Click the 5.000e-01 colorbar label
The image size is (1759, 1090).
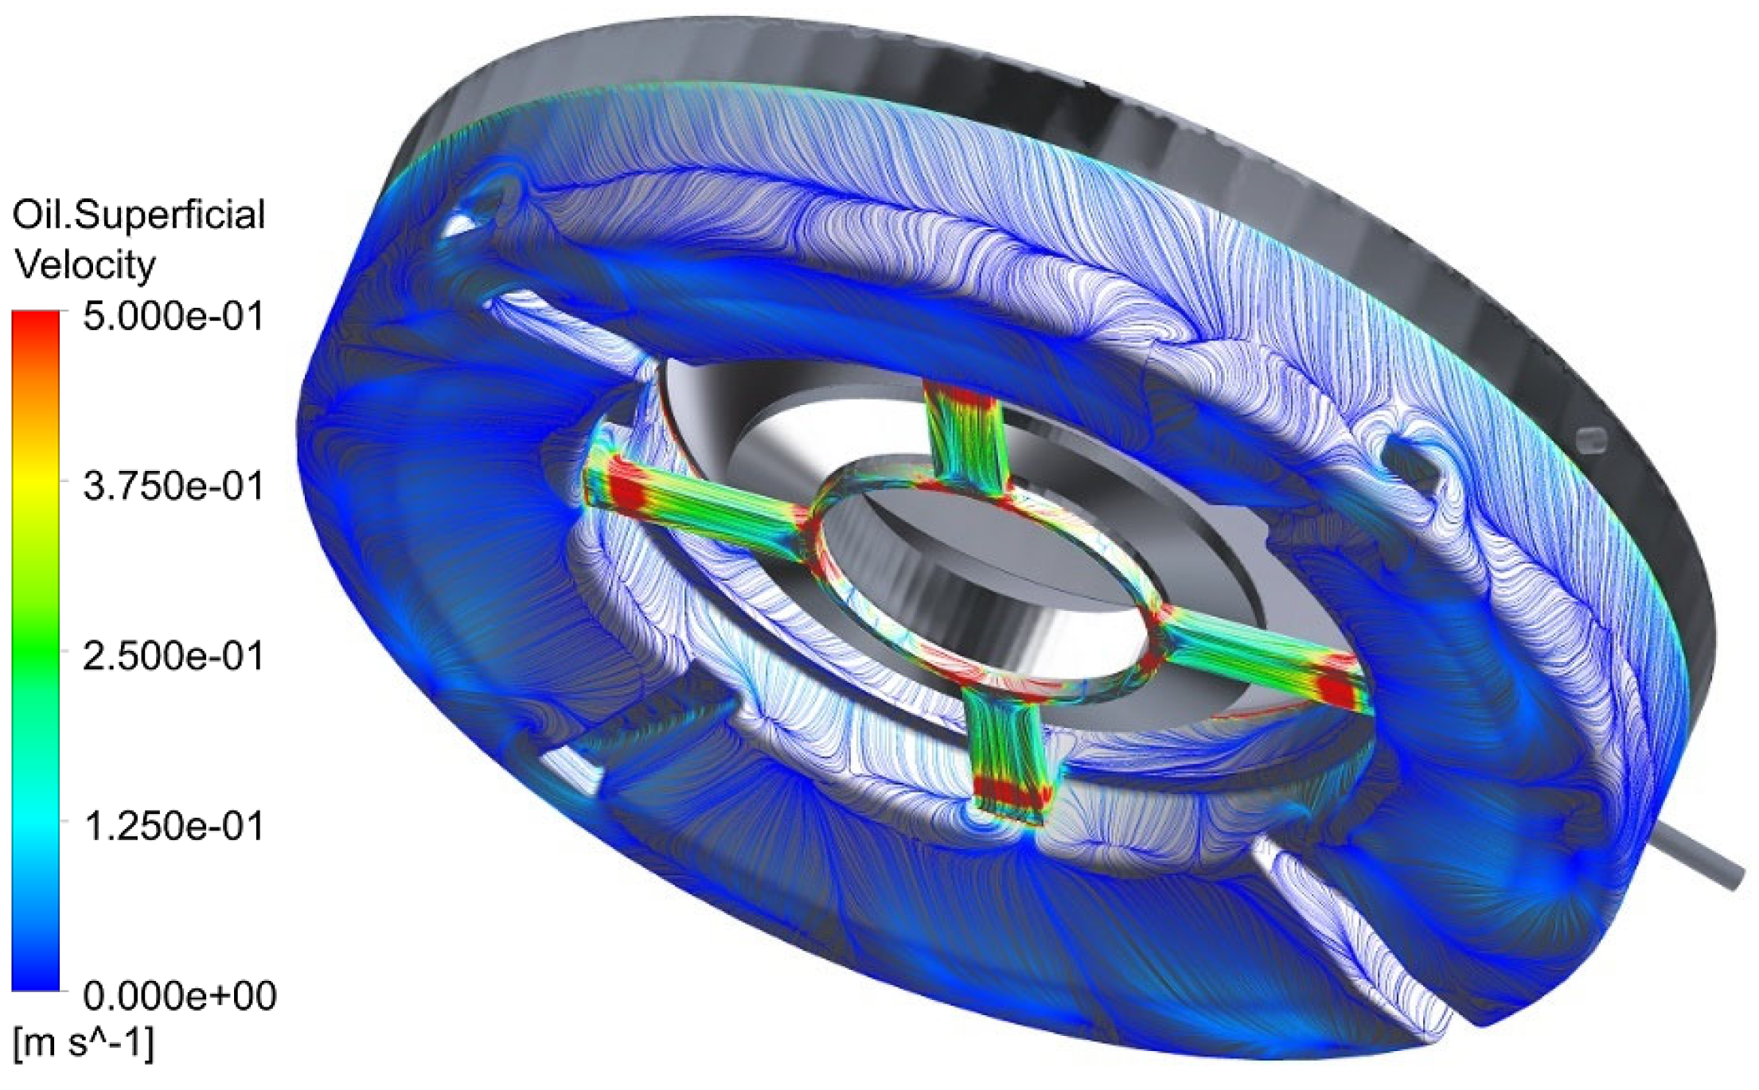coord(173,317)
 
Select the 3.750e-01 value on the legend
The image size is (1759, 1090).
coord(173,485)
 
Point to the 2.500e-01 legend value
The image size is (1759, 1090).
coord(173,656)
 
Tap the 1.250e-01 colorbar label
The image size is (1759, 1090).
coord(173,826)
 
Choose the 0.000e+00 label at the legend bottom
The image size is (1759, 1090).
coord(180,995)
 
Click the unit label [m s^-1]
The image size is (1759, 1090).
coord(84,1042)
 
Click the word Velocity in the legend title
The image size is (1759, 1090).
coord(85,264)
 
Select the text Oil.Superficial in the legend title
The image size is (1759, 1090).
coord(138,215)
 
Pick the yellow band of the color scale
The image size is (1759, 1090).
coord(36,485)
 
